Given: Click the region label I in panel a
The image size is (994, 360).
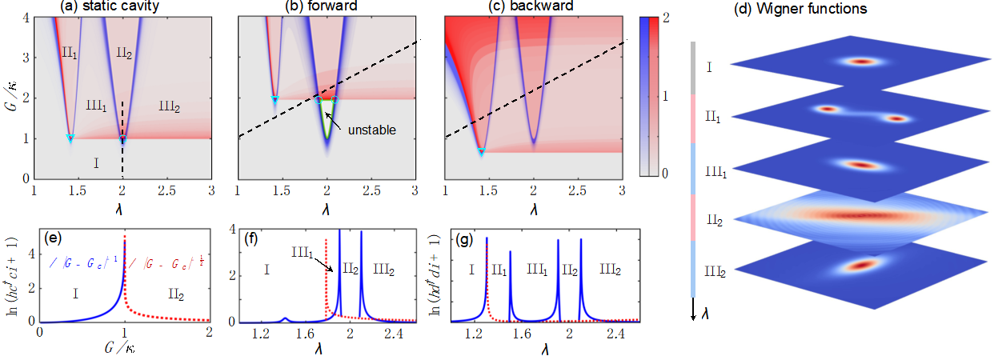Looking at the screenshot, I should coord(96,163).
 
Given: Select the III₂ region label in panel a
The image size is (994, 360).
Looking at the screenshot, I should coord(170,106).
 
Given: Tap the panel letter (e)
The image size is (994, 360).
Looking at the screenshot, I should coord(54,237).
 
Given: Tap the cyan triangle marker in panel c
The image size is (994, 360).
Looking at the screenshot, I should coord(481,152).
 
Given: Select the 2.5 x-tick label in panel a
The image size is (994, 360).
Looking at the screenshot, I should coord(166,192).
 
